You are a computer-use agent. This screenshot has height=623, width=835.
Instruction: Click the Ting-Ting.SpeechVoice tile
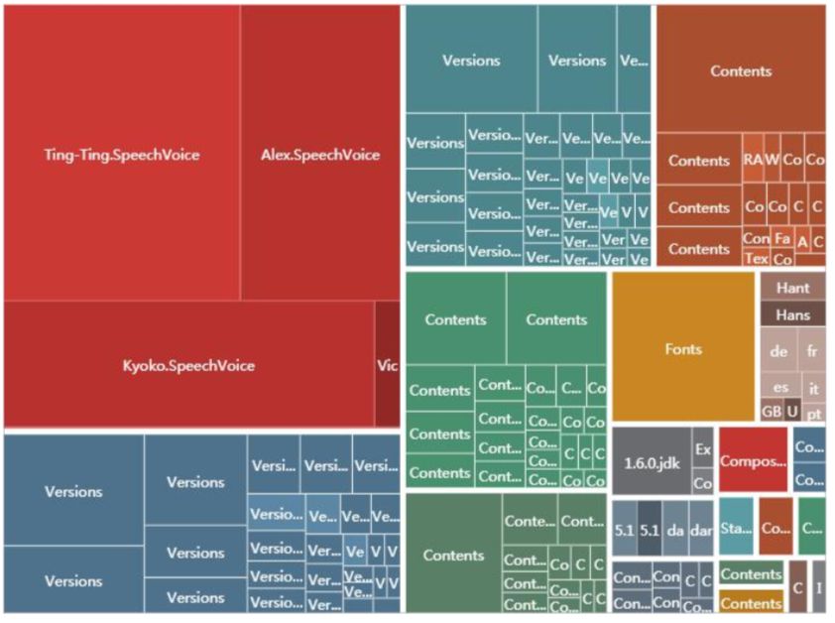[121, 154]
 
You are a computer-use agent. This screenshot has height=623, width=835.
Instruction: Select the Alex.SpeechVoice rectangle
[319, 154]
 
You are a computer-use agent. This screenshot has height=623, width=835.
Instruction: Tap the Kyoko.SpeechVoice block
[188, 365]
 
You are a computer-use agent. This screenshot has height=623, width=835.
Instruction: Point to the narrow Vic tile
[388, 365]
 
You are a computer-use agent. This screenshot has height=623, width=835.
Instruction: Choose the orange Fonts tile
[683, 348]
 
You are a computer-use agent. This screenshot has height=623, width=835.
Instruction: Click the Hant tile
[792, 288]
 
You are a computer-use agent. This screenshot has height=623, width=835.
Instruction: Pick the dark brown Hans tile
[792, 314]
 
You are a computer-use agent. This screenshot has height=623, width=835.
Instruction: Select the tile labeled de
[778, 351]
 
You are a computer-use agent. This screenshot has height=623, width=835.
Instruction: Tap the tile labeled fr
[813, 351]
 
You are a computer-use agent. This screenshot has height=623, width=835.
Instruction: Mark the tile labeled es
[780, 388]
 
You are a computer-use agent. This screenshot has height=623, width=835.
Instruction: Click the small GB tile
[772, 411]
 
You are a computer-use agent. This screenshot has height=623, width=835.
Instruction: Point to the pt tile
[814, 412]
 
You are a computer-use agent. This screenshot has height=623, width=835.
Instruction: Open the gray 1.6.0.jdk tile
[651, 462]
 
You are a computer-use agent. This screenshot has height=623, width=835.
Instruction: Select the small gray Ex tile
[703, 448]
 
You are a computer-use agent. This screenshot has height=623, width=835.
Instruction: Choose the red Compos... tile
[753, 460]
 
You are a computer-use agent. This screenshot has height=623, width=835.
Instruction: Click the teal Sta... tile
[736, 530]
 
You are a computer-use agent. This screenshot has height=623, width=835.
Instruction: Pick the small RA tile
[753, 160]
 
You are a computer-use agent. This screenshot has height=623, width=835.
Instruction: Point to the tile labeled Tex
[756, 258]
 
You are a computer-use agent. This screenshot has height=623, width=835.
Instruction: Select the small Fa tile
[782, 239]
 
